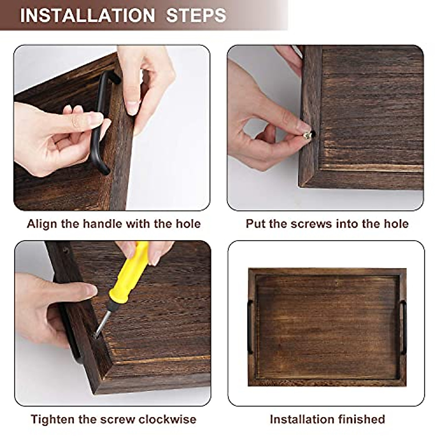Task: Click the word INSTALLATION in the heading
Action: point(87,16)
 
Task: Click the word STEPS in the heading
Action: point(196,16)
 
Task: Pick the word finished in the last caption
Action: point(361,419)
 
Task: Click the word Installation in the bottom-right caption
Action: point(301,419)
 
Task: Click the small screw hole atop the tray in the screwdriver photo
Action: point(66,250)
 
